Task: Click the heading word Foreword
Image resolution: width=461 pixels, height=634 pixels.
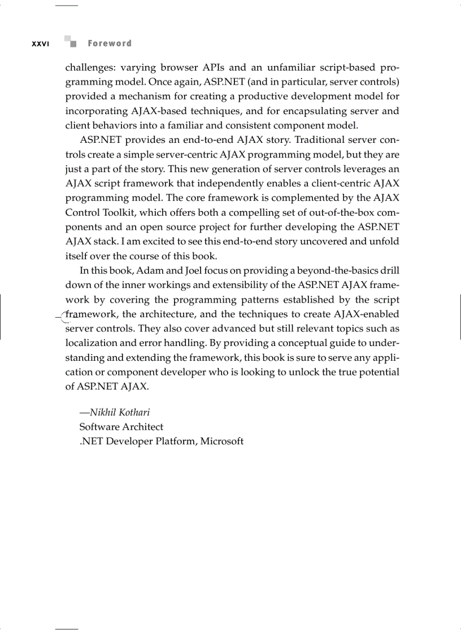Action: click(110, 43)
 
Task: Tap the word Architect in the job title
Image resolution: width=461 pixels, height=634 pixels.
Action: click(142, 427)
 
